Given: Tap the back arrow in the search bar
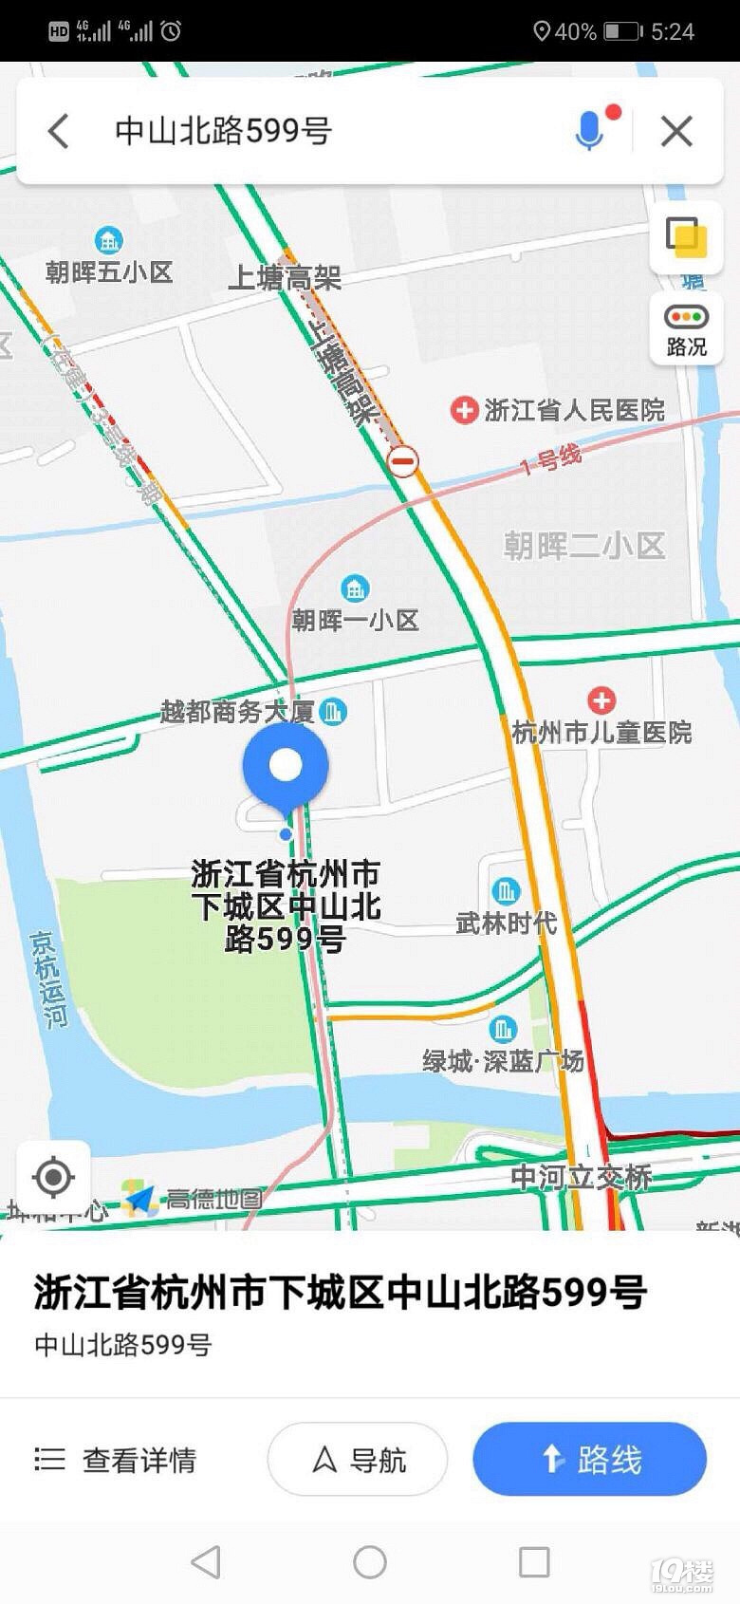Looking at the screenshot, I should click(59, 131).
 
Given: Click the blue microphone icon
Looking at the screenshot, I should click(589, 131).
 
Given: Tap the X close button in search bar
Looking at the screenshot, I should click(676, 131).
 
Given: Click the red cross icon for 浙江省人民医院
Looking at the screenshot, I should click(464, 410).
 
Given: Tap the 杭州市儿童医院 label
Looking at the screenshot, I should click(601, 732).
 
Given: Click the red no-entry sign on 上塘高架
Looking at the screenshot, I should click(403, 462).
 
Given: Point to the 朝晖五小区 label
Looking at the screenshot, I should click(109, 272).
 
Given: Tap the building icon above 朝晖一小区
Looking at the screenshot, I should click(355, 588).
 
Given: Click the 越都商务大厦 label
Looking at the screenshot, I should click(237, 711).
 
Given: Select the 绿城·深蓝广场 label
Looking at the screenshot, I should click(503, 1060).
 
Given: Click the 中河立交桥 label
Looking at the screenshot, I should click(581, 1177).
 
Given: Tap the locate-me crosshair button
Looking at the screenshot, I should click(53, 1178).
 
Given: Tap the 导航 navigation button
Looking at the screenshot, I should click(358, 1459).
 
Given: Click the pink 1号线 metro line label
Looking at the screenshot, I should click(551, 460).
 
